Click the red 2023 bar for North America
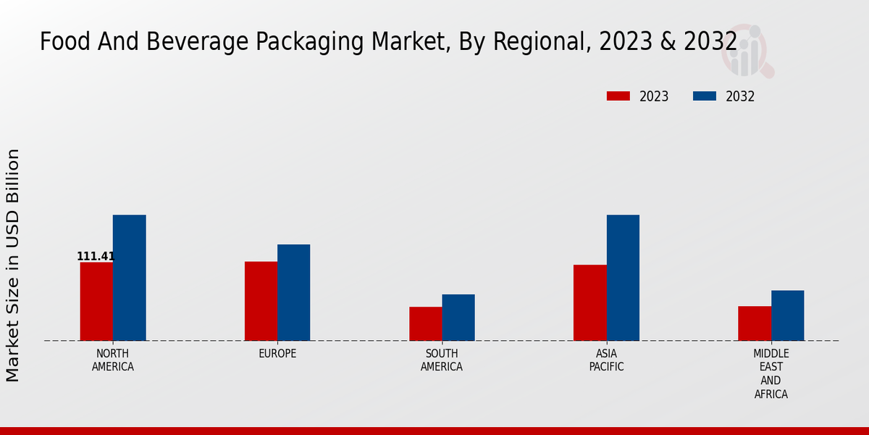[x=96, y=301]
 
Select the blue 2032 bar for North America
[x=129, y=278]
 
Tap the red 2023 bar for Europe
[x=261, y=301]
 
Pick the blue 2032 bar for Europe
[x=293, y=292]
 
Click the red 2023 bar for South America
[x=425, y=323]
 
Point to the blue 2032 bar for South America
[x=458, y=318]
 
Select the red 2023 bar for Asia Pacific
[x=589, y=302]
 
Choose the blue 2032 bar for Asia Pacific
[x=623, y=278]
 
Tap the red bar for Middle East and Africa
[x=755, y=323]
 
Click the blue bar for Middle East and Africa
[x=787, y=315]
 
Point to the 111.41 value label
[x=96, y=256]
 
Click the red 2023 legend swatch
[x=618, y=96]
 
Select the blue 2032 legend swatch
[x=705, y=96]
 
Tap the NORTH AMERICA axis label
[x=113, y=360]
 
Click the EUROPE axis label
[x=277, y=354]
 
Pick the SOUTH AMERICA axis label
[x=442, y=360]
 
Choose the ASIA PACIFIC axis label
[x=606, y=360]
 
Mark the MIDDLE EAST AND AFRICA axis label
[x=771, y=374]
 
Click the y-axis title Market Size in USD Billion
[x=13, y=265]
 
